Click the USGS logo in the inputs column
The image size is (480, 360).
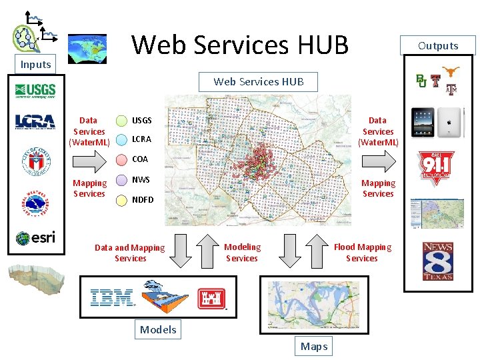pos(35,91)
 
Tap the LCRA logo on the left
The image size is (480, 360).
pos(35,121)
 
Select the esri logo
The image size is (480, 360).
pos(35,238)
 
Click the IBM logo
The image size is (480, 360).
pos(112,297)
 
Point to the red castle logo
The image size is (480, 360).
pos(211,299)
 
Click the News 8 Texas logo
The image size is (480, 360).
pos(437,261)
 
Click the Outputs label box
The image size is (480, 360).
pos(438,45)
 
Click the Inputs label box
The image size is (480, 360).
pos(35,64)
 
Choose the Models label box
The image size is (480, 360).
pos(158,329)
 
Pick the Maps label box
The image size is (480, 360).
pos(313,346)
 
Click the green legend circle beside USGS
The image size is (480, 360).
pos(122,121)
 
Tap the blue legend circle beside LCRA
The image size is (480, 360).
pos(122,140)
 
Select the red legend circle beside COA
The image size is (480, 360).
pos(122,160)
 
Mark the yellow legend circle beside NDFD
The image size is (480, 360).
pos(122,199)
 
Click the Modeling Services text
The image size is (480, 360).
pos(242,253)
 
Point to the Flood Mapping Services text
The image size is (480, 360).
pos(362,253)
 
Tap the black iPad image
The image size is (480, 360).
pos(423,122)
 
